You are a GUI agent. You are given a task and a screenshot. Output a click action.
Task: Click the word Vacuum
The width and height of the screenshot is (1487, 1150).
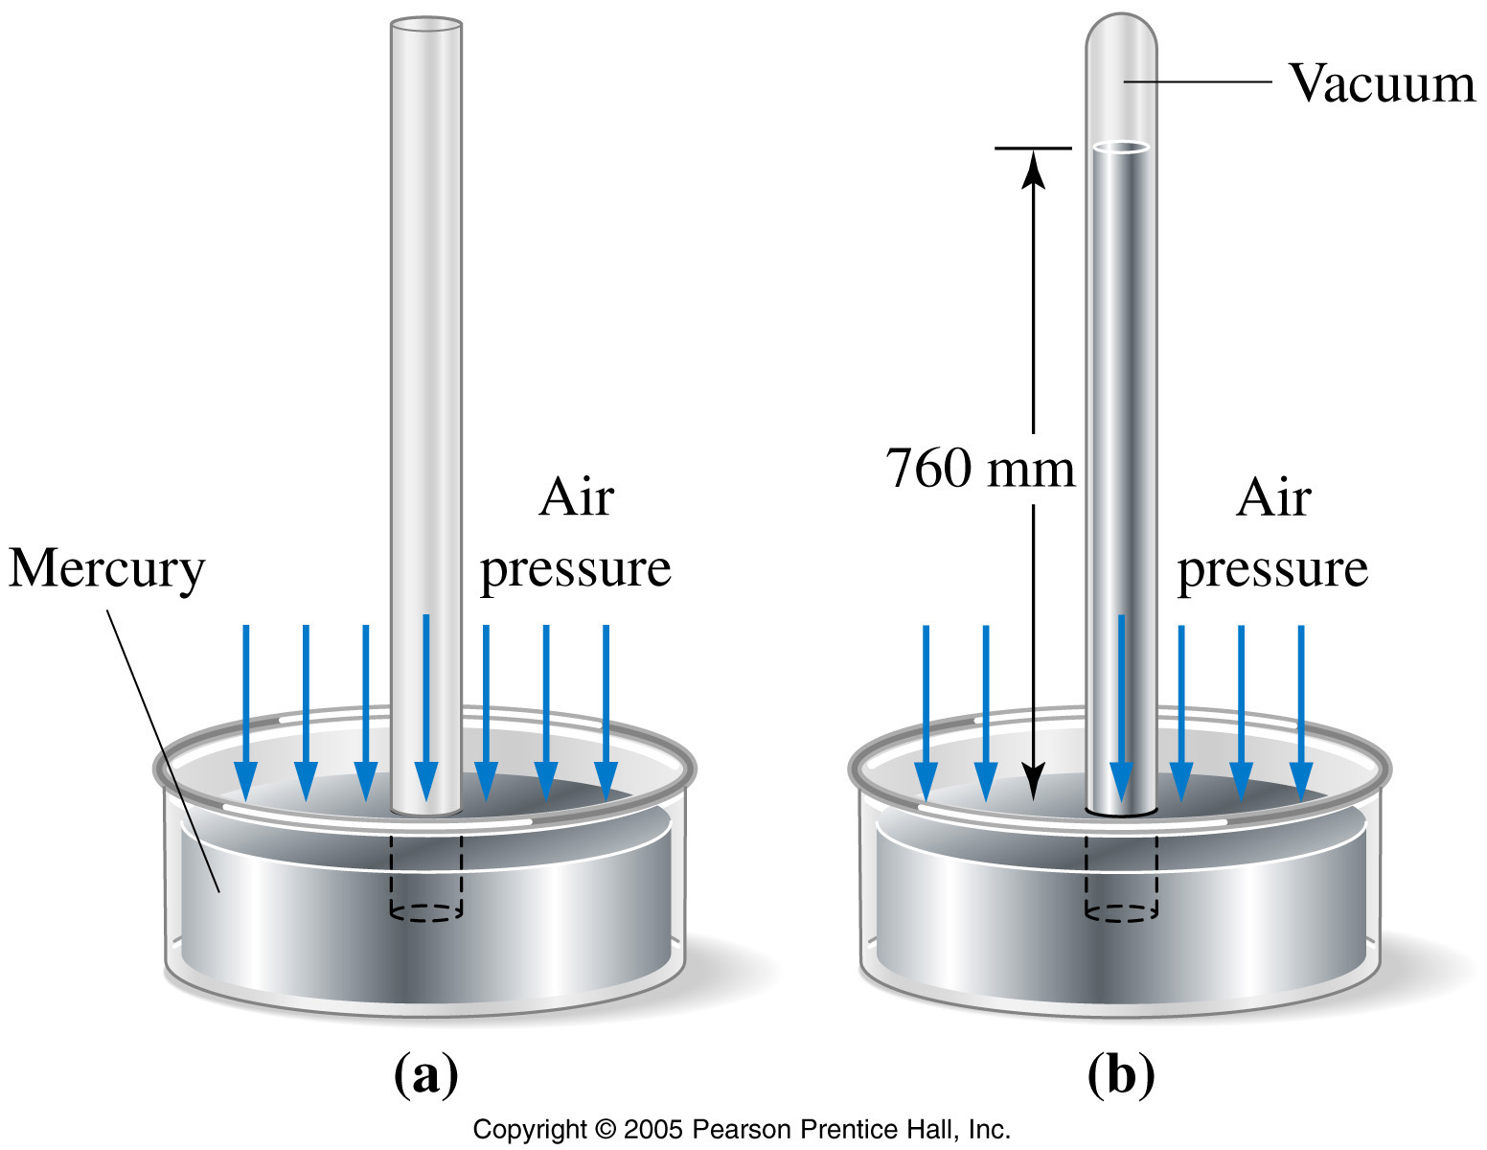click(x=1382, y=83)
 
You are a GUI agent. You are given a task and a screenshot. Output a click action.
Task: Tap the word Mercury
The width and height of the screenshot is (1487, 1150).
click(x=106, y=570)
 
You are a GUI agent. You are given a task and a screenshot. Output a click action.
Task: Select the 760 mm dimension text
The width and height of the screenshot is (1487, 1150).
click(x=980, y=469)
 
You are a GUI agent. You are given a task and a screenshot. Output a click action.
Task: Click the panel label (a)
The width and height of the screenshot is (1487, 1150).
click(x=425, y=1075)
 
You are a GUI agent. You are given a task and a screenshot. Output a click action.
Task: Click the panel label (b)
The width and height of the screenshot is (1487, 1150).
click(x=1121, y=1075)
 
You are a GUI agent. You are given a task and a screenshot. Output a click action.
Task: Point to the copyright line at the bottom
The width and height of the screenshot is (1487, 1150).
click(x=742, y=1130)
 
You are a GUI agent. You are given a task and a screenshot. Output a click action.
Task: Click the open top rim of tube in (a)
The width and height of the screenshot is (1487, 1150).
click(x=426, y=25)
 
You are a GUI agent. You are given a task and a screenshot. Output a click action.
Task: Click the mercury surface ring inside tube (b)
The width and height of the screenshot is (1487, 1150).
click(x=1121, y=147)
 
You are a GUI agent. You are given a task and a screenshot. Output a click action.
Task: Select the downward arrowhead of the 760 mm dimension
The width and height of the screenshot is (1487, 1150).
click(x=1033, y=781)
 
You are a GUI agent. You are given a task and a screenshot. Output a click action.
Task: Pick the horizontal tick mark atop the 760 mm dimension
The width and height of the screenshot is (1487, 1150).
click(x=1033, y=148)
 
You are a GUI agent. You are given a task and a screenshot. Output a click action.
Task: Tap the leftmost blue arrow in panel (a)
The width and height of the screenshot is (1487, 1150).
click(x=245, y=712)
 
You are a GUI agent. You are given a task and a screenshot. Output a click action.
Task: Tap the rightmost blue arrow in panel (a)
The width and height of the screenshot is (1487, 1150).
click(x=606, y=712)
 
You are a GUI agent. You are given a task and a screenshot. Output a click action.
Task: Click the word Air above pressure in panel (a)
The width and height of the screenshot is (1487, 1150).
click(x=576, y=497)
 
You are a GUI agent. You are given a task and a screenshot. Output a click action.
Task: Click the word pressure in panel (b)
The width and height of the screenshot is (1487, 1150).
click(x=1272, y=570)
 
